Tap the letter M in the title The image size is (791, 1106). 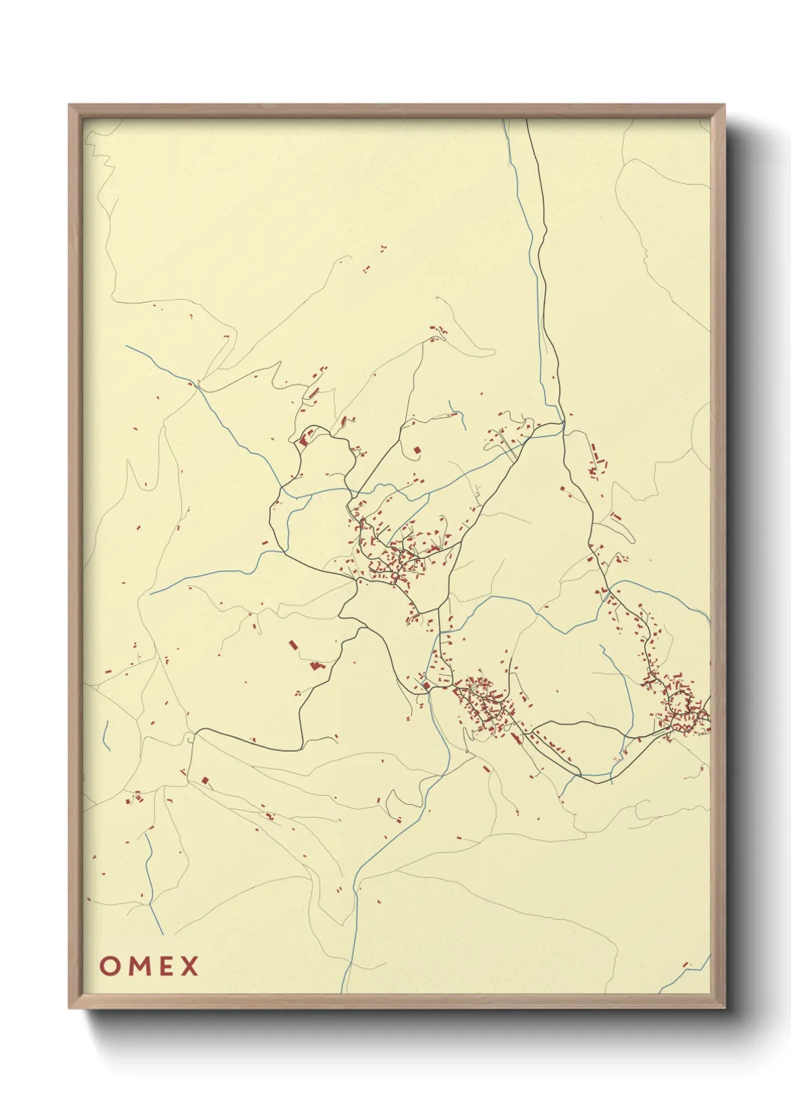(138, 966)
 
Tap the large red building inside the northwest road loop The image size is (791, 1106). (304, 439)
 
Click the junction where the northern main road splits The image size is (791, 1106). (563, 423)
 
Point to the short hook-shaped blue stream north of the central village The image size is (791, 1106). (453, 408)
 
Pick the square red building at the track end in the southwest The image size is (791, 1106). (204, 780)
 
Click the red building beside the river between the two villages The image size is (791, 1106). (425, 685)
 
